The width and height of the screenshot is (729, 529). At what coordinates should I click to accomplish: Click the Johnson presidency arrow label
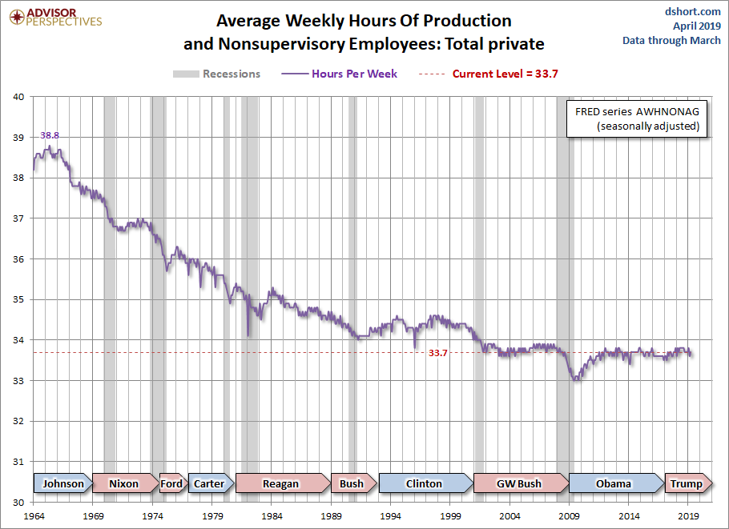coord(62,483)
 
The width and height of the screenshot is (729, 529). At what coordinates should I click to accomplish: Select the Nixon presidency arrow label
coord(123,483)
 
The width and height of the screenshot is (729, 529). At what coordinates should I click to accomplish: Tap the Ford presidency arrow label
coord(171,483)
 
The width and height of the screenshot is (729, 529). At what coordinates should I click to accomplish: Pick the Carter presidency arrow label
coord(209,483)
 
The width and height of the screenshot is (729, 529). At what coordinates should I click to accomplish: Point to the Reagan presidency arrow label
coord(280,483)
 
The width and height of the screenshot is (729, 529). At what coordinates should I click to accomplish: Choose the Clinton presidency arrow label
coord(424,483)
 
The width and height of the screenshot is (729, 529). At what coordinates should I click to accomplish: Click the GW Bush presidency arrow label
coord(518,483)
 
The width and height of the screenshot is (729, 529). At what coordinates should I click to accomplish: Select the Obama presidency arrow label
coord(614,483)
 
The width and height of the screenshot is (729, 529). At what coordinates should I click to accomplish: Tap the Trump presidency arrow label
coord(686,483)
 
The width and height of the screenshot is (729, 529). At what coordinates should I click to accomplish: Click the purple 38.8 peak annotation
coord(50,136)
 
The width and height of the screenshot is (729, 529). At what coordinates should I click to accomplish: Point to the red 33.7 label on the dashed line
coord(437,353)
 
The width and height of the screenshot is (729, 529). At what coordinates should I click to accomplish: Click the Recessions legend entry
coord(217,74)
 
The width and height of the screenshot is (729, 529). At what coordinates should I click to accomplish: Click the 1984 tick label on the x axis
coord(272,517)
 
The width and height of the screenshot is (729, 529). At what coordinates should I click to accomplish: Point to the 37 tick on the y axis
coord(18,218)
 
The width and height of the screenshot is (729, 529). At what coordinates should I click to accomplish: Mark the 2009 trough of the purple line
coord(574,379)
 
